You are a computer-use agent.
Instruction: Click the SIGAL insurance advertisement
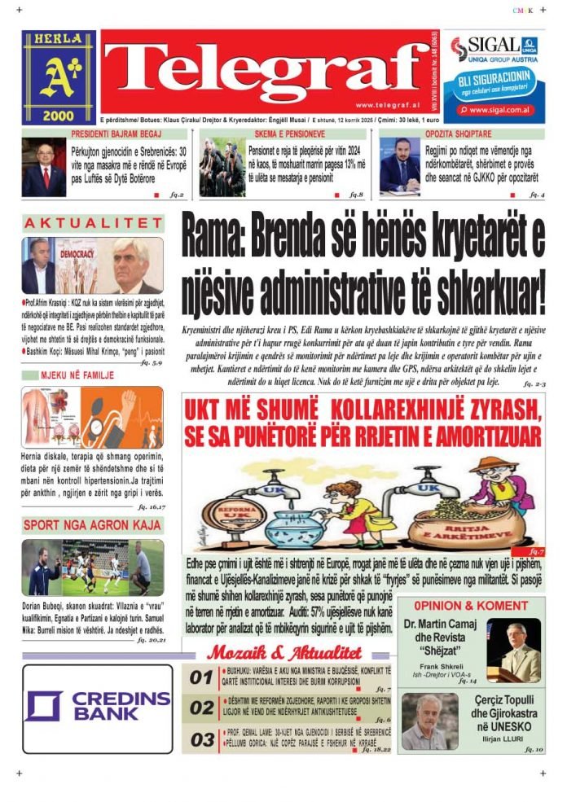[496, 77]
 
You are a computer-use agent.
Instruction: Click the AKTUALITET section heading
[93, 223]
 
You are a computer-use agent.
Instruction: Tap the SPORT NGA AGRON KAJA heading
[92, 525]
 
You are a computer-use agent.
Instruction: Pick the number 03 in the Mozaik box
[201, 739]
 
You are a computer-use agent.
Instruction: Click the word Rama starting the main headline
[213, 237]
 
